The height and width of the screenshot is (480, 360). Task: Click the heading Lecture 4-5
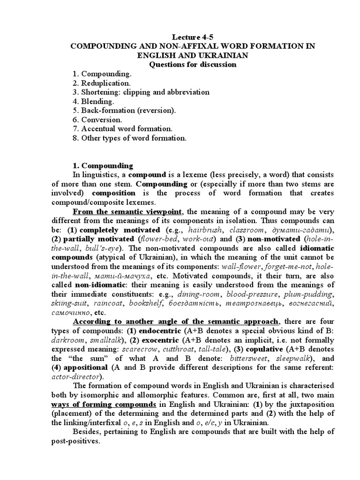coord(193,36)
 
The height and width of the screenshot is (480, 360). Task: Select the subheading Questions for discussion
coord(193,64)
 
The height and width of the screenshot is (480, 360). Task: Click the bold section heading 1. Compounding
coord(103,165)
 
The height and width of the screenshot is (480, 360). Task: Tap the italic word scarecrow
coord(140,349)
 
